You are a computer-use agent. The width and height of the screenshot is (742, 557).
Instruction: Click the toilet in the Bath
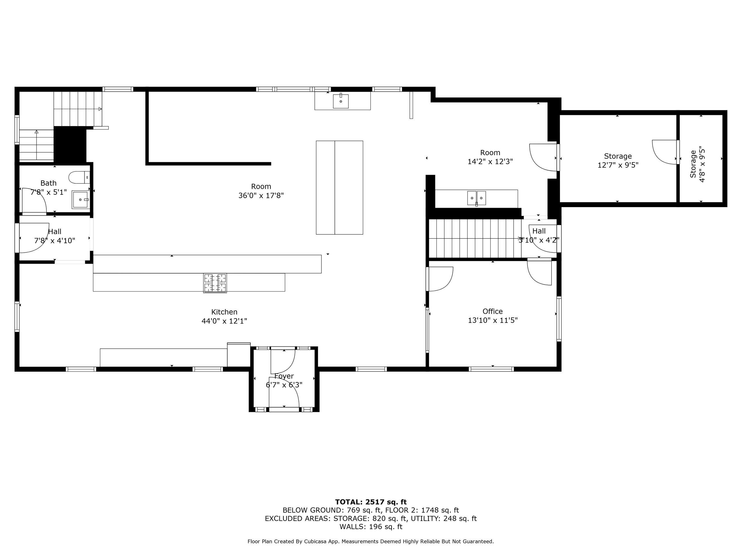tap(79, 177)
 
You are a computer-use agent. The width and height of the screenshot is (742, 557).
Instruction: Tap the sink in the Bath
tap(81, 199)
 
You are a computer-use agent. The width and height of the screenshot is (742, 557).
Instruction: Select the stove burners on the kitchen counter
tap(215, 283)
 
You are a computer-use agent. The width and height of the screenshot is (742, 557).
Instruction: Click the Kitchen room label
tap(224, 312)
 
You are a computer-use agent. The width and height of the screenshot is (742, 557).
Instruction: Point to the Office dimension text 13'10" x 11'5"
tap(493, 320)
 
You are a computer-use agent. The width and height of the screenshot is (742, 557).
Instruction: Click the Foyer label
tap(284, 376)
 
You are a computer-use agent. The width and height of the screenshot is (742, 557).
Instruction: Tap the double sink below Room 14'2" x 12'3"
tap(477, 198)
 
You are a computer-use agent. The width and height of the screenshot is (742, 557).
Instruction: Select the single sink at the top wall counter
tap(341, 101)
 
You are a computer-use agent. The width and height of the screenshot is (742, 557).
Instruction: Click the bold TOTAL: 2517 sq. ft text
tap(371, 502)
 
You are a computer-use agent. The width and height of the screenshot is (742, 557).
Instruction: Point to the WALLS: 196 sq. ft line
tap(371, 527)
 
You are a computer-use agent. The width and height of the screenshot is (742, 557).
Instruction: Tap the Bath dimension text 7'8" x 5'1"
tap(49, 192)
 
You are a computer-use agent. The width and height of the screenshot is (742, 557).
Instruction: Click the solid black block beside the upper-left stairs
tap(70, 144)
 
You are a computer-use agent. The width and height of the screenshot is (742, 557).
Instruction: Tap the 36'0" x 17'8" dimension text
tap(261, 196)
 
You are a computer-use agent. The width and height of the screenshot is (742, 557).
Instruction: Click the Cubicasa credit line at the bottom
tap(371, 541)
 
